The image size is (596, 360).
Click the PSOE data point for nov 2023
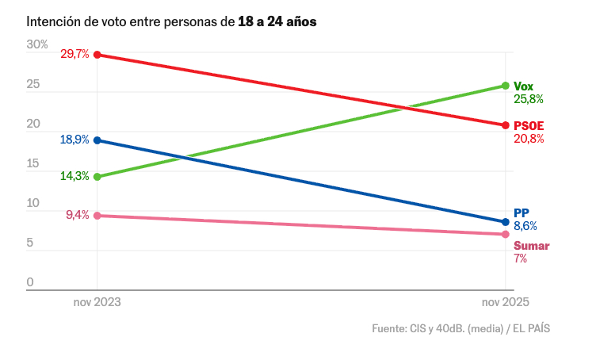point(97,55)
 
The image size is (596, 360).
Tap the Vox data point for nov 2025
point(505,86)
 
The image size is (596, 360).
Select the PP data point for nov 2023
point(97,140)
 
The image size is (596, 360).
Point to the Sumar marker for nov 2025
point(505,234)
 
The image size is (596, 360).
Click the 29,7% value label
point(74,54)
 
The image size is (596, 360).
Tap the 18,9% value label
point(74,140)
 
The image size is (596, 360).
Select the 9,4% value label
point(77,215)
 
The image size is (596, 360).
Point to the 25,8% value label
point(529,99)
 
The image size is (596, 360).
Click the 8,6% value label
point(525,226)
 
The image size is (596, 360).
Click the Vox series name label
point(524,86)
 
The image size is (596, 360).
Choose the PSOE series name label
point(529,125)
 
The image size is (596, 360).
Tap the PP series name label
point(521,213)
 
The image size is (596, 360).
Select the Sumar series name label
point(531,245)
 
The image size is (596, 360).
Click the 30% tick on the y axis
point(37,44)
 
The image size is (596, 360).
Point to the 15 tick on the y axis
point(33,164)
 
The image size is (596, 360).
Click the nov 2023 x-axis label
point(97,304)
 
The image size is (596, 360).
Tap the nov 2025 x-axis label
point(505,304)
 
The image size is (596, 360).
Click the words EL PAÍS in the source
point(531,328)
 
